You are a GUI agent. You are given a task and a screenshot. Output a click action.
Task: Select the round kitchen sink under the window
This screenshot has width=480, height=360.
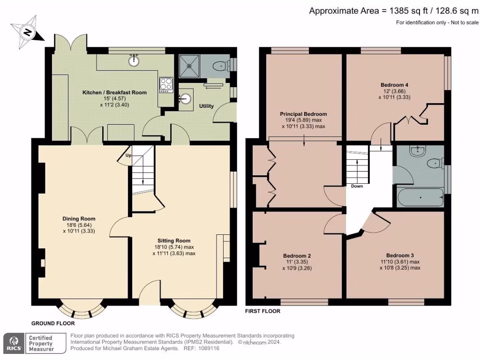[135, 60]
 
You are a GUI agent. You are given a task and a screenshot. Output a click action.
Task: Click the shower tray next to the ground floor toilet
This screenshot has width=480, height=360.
[190, 66]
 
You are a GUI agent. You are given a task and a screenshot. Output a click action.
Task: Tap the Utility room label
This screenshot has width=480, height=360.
[206, 106]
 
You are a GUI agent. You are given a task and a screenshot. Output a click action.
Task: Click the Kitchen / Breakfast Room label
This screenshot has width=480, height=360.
[115, 92]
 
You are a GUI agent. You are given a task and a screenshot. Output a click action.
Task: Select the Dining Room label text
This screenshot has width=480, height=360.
[79, 218]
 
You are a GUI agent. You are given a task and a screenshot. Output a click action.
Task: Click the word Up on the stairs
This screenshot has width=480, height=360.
[127, 155]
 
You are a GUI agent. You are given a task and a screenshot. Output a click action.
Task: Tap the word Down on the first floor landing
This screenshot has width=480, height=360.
[357, 186]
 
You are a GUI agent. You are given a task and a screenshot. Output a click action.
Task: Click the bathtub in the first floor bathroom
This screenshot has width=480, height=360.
[420, 197]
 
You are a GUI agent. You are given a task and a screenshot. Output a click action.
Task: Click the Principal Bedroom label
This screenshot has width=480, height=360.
[303, 114]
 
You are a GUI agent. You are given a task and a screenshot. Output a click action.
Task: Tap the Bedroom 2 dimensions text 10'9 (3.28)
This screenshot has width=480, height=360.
[297, 269]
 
